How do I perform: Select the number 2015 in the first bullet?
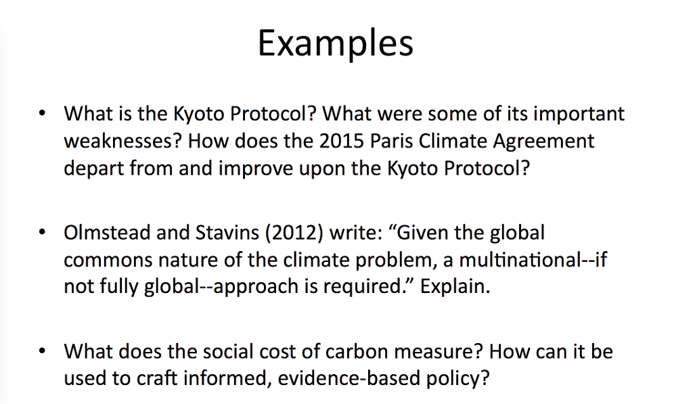coord(340,141)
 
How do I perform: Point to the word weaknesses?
coord(122,141)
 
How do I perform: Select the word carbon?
coord(352,352)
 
